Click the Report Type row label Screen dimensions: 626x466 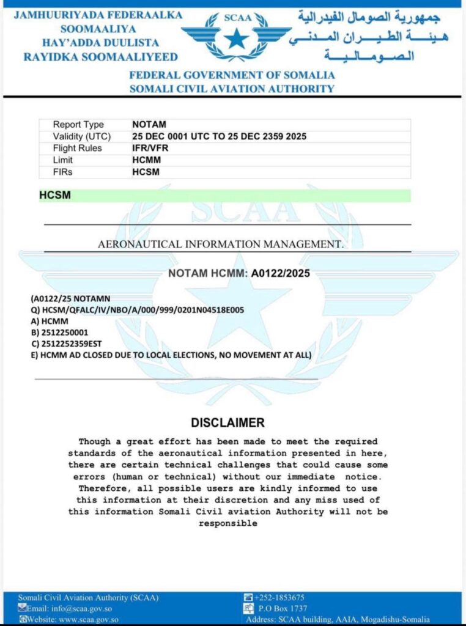(78, 125)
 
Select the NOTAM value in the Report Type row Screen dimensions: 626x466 (149, 125)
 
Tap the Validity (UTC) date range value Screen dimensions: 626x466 (219, 136)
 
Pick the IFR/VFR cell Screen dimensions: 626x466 (150, 148)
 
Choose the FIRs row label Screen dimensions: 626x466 (62, 172)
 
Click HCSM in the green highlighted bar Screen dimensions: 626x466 (55, 196)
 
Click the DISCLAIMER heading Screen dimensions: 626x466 (227, 422)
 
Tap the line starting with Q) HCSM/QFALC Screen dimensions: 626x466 (138, 310)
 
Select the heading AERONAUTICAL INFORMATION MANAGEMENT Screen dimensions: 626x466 (221, 245)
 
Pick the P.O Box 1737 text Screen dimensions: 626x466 (282, 608)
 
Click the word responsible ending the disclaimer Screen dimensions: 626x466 (227, 524)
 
